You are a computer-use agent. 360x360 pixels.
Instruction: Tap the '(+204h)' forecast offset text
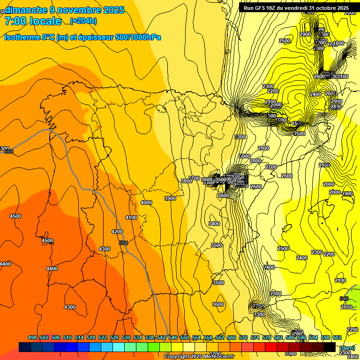click(83, 21)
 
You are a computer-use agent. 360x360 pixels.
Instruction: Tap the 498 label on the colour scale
click(32, 337)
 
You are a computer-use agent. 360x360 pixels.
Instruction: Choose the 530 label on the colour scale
click(126, 337)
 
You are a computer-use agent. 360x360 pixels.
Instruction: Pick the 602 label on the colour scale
click(337, 337)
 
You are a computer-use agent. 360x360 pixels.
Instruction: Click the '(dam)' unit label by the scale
click(347, 347)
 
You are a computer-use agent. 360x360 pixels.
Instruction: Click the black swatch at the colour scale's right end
click(329, 347)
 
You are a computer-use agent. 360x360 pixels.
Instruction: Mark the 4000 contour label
click(146, 202)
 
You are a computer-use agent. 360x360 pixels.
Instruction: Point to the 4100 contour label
click(131, 217)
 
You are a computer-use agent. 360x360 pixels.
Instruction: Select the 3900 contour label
click(170, 198)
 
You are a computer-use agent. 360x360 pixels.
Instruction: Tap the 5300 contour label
click(240, 137)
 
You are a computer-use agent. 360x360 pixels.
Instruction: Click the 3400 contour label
click(214, 224)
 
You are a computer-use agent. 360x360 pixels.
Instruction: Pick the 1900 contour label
click(347, 194)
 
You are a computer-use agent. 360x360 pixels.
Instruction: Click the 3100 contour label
click(343, 76)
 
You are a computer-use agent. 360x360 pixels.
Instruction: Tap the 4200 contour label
click(117, 232)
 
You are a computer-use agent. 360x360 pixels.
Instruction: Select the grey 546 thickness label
click(344, 299)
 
